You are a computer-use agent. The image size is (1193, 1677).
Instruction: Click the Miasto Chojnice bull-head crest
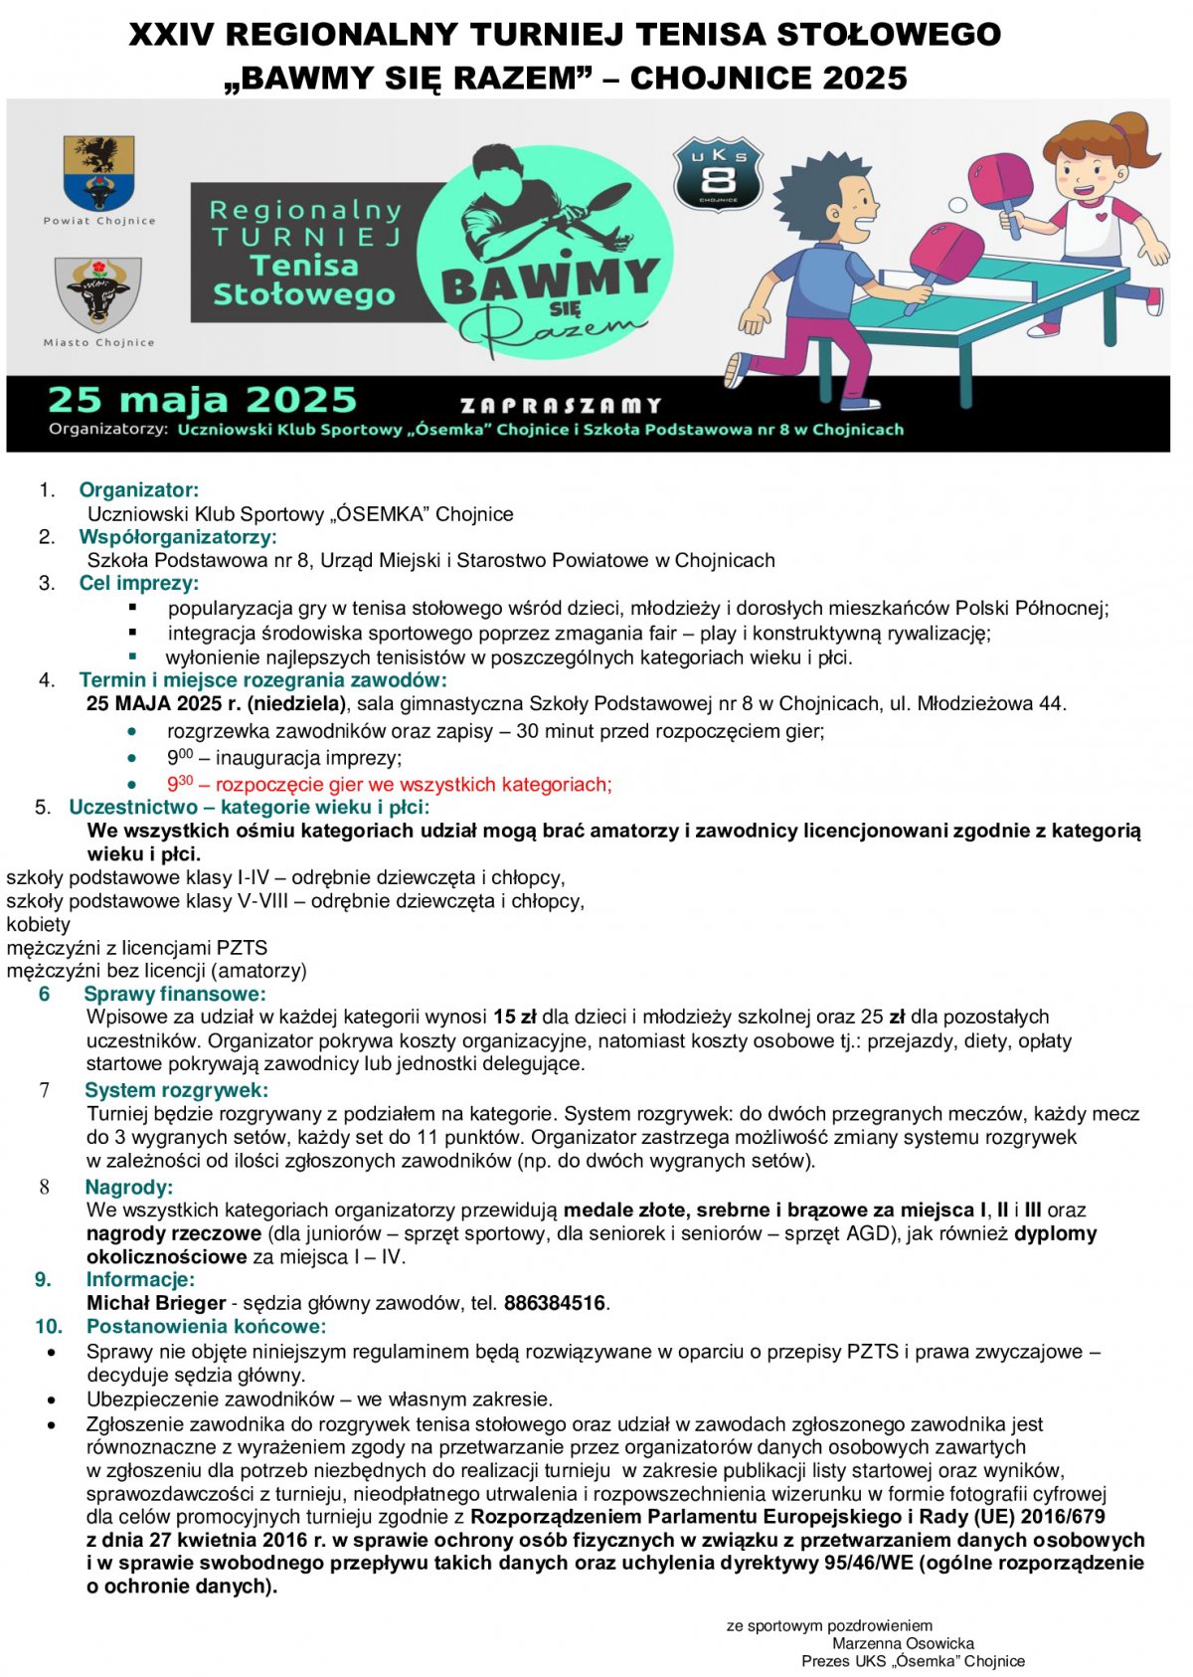(98, 291)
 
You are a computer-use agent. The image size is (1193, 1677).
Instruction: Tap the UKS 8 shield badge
(718, 175)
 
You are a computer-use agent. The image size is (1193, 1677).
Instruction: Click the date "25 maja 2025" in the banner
(202, 400)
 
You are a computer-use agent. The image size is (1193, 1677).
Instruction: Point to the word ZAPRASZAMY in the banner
(561, 405)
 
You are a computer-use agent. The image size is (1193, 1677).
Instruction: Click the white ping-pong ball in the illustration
(957, 205)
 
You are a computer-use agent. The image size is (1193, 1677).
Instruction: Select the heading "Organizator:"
(139, 489)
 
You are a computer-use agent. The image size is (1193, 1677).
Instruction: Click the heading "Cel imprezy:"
(139, 583)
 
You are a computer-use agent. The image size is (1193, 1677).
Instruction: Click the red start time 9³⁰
(180, 784)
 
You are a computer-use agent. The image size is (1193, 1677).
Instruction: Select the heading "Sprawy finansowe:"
(175, 994)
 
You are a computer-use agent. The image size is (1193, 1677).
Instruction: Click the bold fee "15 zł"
(514, 1017)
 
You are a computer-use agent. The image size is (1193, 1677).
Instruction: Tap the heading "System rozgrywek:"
(176, 1090)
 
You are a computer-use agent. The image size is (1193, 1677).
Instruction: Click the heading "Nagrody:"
(129, 1187)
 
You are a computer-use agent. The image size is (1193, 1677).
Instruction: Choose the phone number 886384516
(555, 1303)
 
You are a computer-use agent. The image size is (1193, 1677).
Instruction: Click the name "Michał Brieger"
(156, 1303)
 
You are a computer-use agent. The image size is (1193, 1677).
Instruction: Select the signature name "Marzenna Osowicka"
(903, 1643)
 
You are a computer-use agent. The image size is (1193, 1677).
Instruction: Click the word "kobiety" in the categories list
(38, 924)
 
